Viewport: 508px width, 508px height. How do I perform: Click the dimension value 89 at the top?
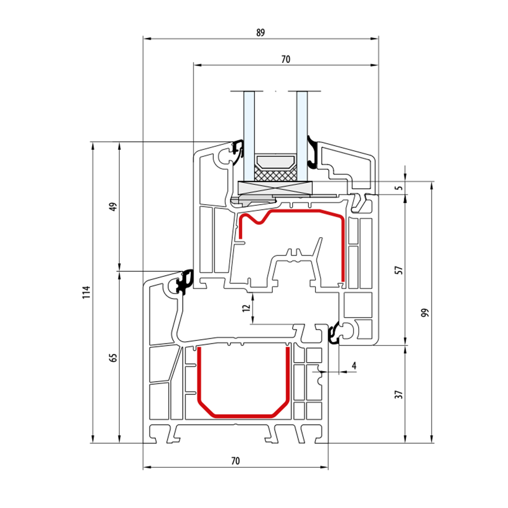pyautogui.click(x=260, y=33)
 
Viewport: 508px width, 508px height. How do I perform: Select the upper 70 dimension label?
pyautogui.click(x=285, y=59)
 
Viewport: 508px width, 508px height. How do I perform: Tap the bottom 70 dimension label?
pyautogui.click(x=236, y=460)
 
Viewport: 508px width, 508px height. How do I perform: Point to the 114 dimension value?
pyautogui.click(x=86, y=292)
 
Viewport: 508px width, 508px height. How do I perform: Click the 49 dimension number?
pyautogui.click(x=113, y=207)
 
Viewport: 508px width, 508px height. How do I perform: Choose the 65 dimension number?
pyautogui.click(x=113, y=358)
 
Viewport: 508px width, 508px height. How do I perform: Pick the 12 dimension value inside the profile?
pyautogui.click(x=247, y=307)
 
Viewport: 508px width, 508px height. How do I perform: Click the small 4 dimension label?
pyautogui.click(x=354, y=366)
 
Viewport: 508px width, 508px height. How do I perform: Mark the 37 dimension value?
pyautogui.click(x=399, y=394)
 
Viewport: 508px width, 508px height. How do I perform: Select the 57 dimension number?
pyautogui.click(x=399, y=270)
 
